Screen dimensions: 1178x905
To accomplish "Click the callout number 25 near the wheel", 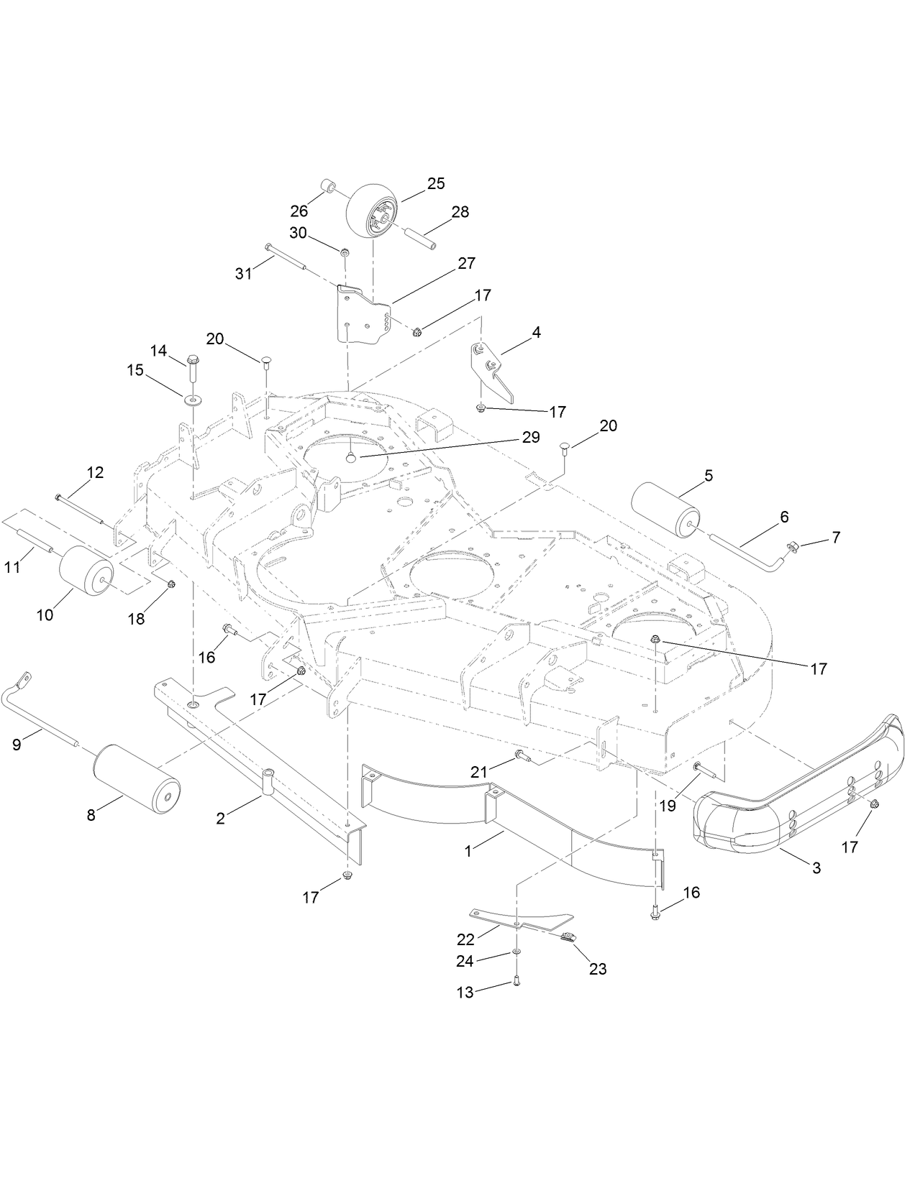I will pyautogui.click(x=436, y=183).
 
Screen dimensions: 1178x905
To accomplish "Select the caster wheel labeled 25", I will pyautogui.click(x=373, y=213).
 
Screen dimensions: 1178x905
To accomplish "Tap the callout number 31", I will pyautogui.click(x=245, y=274).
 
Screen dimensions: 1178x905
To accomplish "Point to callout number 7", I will pyautogui.click(x=836, y=537).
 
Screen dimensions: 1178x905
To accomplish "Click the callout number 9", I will pyautogui.click(x=17, y=745).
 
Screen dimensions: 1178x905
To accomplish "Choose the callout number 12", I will pyautogui.click(x=95, y=472).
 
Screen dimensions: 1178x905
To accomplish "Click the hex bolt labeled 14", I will pyautogui.click(x=193, y=366).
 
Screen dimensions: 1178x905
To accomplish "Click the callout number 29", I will pyautogui.click(x=531, y=438).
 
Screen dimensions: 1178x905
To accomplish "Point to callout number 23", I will pyautogui.click(x=598, y=969).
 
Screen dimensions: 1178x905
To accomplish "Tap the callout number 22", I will pyautogui.click(x=466, y=939).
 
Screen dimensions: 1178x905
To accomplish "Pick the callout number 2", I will pyautogui.click(x=221, y=818).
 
